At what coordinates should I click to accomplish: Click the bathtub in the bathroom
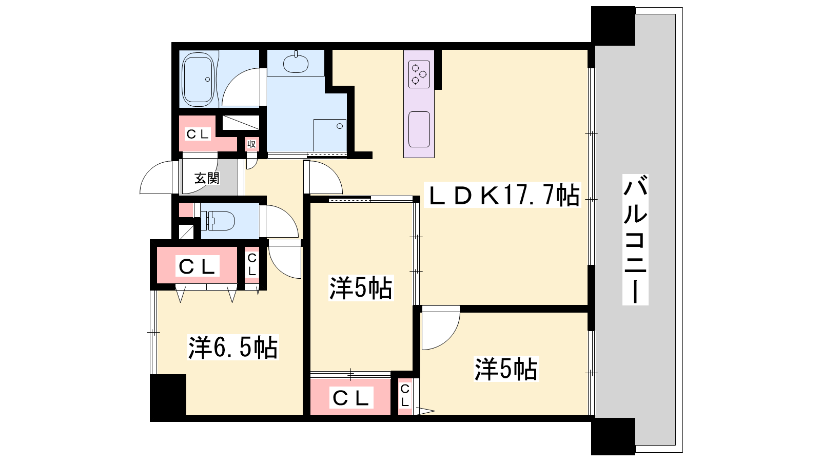pyautogui.click(x=198, y=79)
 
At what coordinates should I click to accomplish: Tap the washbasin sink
pyautogui.click(x=296, y=64)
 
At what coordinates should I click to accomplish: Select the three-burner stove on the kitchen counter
pyautogui.click(x=419, y=74)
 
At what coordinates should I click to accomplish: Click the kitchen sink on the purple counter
pyautogui.click(x=419, y=129)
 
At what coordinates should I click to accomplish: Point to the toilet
pyautogui.click(x=219, y=221)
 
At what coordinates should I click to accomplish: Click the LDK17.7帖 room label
pyautogui.click(x=502, y=195)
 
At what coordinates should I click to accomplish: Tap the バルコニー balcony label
pyautogui.click(x=635, y=240)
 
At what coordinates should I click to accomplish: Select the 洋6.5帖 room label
pyautogui.click(x=233, y=347)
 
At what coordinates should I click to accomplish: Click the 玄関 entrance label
pyautogui.click(x=207, y=178)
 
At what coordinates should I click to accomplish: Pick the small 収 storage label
pyautogui.click(x=251, y=144)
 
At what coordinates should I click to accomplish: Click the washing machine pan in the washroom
pyautogui.click(x=329, y=135)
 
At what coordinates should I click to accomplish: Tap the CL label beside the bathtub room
pyautogui.click(x=198, y=134)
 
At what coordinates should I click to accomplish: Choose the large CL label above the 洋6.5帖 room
pyautogui.click(x=197, y=266)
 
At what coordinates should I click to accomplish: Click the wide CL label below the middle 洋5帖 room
pyautogui.click(x=351, y=398)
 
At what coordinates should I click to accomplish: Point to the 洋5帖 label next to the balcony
pyautogui.click(x=506, y=369)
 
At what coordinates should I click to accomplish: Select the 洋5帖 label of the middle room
pyautogui.click(x=361, y=288)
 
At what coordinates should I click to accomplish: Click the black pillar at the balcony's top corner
pyautogui.click(x=613, y=26)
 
